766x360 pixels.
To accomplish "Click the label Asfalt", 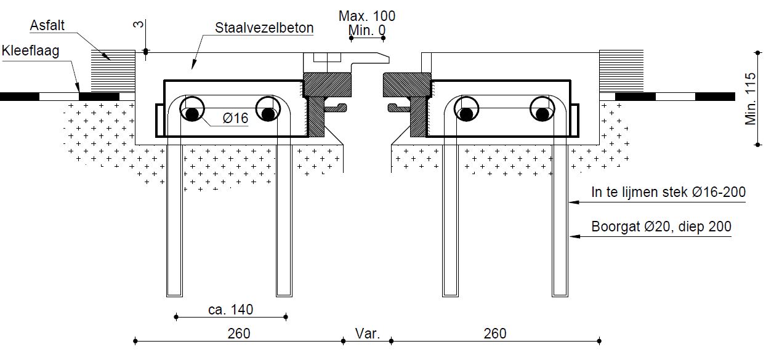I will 47,26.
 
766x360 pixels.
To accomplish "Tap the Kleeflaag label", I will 31,50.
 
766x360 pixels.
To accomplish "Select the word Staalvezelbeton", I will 264,28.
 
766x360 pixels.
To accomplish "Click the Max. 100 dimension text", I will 367,16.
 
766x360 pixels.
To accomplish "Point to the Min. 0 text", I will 367,30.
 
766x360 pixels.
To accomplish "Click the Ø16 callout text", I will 236,118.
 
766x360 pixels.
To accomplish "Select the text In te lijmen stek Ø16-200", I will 668,193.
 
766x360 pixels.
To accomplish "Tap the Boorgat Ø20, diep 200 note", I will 661,226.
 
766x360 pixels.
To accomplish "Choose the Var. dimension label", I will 368,334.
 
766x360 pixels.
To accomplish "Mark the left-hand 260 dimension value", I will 239,334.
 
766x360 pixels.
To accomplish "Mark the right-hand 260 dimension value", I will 495,334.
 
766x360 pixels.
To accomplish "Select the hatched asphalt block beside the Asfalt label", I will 113,70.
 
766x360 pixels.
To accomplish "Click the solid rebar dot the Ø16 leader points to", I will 192,114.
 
